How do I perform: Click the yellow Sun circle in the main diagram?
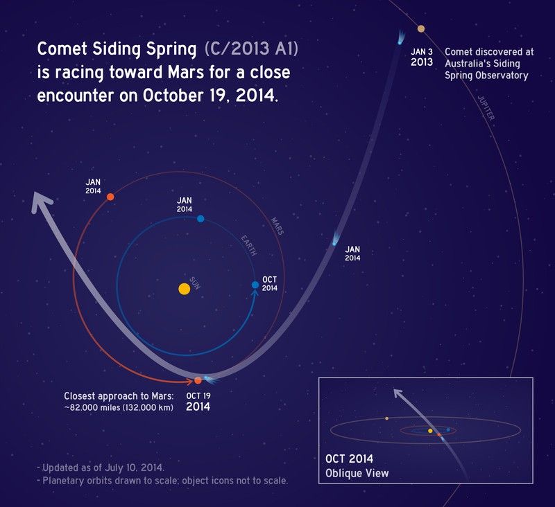[x=184, y=288]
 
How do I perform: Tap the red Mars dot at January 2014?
[x=110, y=197]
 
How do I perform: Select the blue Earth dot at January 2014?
[x=200, y=218]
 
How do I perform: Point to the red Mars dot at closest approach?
[x=198, y=380]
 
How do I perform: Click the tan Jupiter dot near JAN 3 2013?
[x=420, y=28]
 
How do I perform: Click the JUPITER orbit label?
[x=486, y=107]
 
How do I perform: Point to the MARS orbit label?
[x=275, y=224]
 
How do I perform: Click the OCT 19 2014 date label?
[x=198, y=402]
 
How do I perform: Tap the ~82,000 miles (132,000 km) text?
[x=119, y=407]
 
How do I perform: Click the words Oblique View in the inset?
[x=357, y=474]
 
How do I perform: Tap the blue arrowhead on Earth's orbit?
[x=255, y=294]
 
